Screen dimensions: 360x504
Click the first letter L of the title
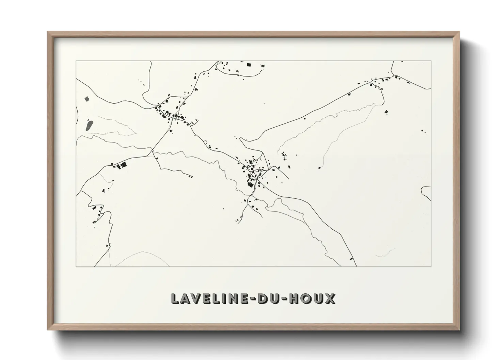tap(175, 298)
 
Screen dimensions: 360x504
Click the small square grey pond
tap(86, 99)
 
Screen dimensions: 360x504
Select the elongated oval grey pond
tap(90, 125)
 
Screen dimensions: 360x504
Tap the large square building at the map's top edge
tap(249, 64)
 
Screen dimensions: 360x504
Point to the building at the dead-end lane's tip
tap(191, 176)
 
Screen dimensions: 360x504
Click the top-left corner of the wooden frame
tap(48, 32)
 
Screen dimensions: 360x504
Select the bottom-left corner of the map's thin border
tap(76, 266)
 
